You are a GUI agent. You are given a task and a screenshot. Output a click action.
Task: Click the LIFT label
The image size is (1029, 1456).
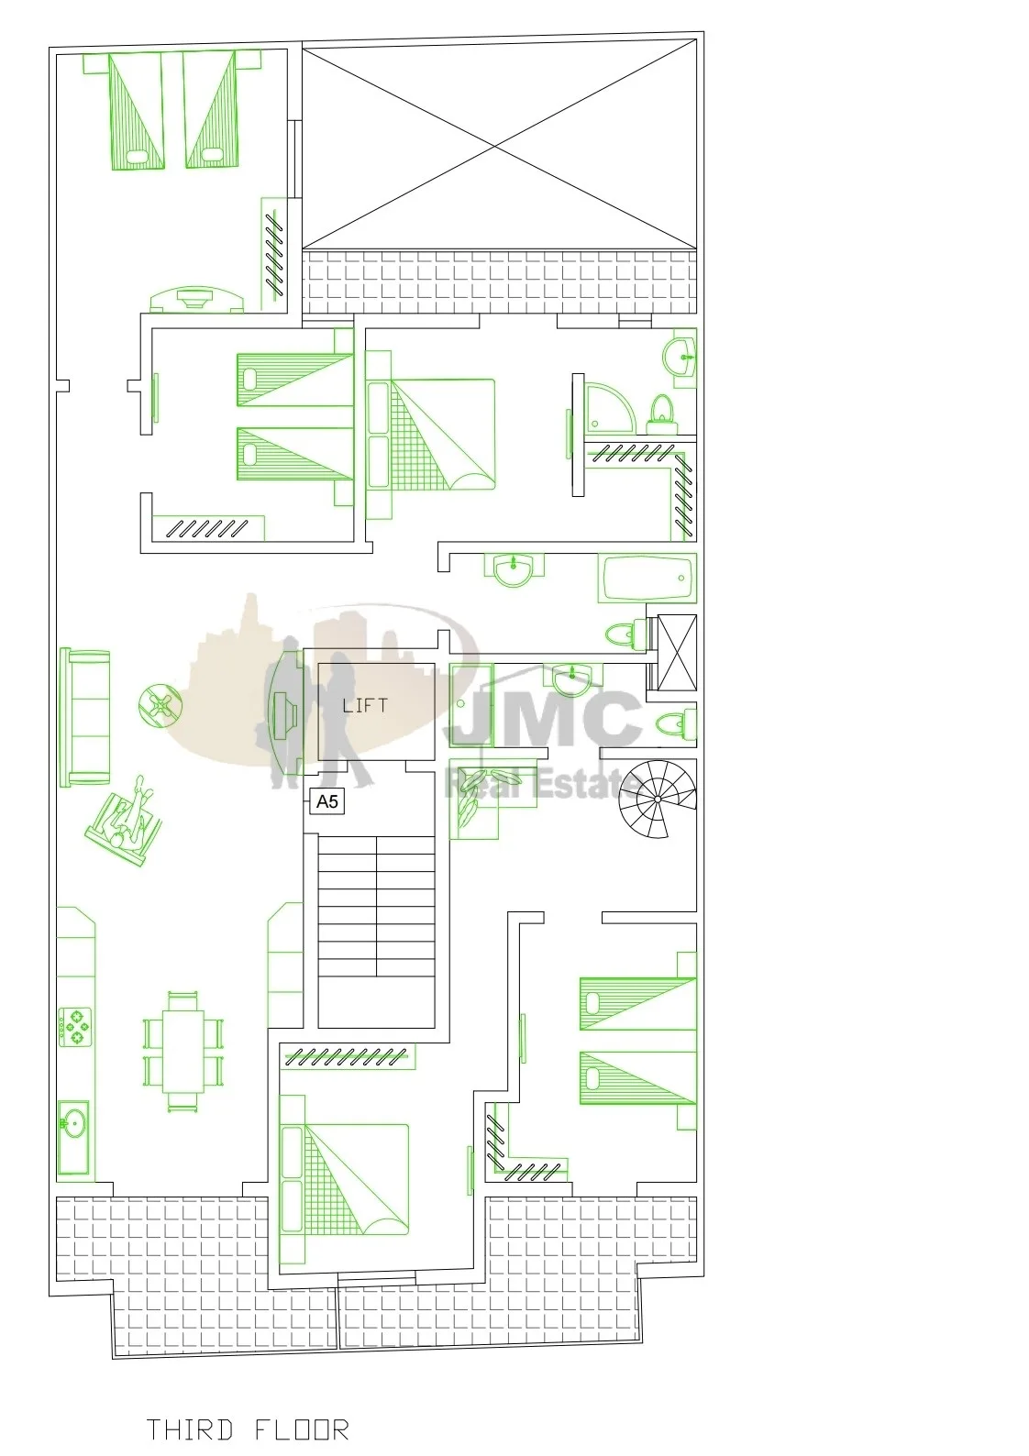point(365,705)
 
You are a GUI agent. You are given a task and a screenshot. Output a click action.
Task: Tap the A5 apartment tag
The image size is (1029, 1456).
point(327,801)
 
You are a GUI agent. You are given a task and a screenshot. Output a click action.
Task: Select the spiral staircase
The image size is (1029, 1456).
point(658,799)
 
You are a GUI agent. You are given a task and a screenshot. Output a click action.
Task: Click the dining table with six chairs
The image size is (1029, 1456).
point(183,1051)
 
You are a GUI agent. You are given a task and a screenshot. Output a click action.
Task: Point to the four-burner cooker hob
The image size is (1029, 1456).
point(75,1026)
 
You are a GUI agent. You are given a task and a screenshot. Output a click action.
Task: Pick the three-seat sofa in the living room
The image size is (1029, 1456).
point(85,717)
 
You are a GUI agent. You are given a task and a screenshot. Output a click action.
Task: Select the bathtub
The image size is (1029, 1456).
point(647,578)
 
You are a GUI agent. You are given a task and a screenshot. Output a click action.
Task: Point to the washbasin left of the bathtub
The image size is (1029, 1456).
point(514,570)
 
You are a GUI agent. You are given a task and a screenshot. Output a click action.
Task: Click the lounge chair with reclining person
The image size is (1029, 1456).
point(124,822)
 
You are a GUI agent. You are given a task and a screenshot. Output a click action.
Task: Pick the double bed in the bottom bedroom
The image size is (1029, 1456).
point(344,1179)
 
